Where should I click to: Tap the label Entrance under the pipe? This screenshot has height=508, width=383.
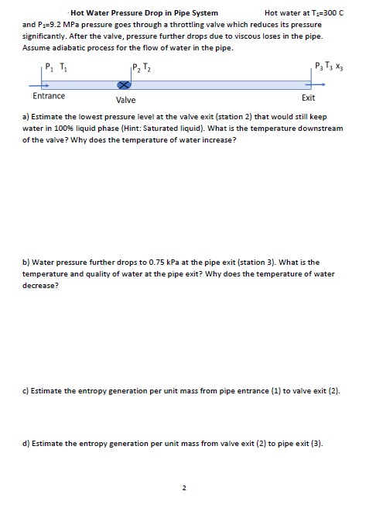[49, 97]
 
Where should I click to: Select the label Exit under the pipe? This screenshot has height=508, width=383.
[309, 98]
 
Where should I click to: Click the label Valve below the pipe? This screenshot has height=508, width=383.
[125, 101]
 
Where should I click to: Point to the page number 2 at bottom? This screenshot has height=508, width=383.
[183, 488]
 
